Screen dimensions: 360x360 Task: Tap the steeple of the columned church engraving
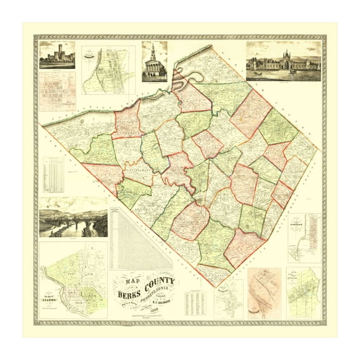coord(154,51)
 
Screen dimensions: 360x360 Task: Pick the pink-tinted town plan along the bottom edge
coord(264,292)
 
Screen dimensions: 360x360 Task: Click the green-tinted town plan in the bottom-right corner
coord(303,292)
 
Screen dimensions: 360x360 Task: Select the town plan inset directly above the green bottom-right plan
coord(304,237)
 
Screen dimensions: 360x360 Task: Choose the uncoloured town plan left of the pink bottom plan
coord(229,299)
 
